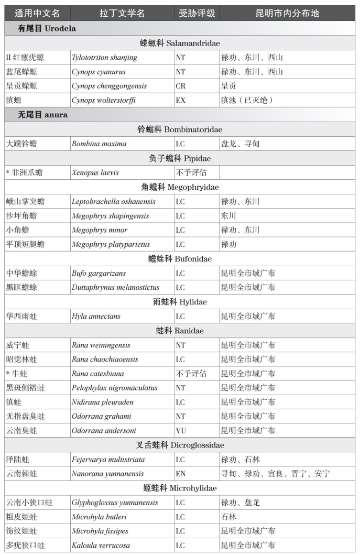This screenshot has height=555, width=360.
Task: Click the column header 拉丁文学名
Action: [x=122, y=13]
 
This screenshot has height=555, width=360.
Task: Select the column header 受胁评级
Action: [x=197, y=13]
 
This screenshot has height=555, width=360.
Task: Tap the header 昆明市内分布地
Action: [x=287, y=13]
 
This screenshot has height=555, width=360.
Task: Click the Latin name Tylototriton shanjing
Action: [x=104, y=57]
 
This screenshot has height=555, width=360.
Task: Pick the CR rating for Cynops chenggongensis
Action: [x=181, y=86]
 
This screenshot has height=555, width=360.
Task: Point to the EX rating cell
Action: [x=181, y=100]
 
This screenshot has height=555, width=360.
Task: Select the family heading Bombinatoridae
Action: [x=180, y=129]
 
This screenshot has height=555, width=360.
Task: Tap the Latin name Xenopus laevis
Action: [x=95, y=172]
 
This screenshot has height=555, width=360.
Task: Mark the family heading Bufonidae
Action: [x=180, y=259]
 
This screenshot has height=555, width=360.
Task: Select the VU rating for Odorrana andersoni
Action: [x=181, y=431]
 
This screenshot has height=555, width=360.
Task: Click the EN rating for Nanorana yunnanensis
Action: [x=181, y=474]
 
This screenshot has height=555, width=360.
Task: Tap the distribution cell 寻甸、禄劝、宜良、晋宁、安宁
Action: [x=275, y=474]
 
